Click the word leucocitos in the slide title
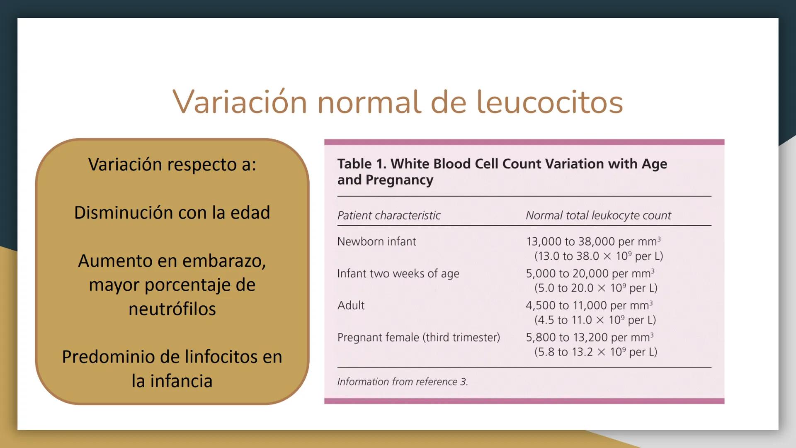[x=549, y=102]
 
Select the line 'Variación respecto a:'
[x=172, y=165]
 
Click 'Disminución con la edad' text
[x=172, y=213]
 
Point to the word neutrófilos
[x=172, y=309]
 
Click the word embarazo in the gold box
[x=224, y=261]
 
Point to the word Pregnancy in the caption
[x=399, y=180]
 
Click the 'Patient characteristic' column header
[x=388, y=215]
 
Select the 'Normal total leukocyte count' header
[x=598, y=215]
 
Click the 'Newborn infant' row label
[x=376, y=241]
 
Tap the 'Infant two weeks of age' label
[x=398, y=273]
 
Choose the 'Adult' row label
[x=351, y=305]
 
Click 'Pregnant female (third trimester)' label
[x=418, y=337]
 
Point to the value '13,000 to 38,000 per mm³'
[x=593, y=241]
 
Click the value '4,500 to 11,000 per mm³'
[x=589, y=305]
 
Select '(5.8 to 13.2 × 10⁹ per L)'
[x=595, y=352]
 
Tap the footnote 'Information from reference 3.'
[x=402, y=382]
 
